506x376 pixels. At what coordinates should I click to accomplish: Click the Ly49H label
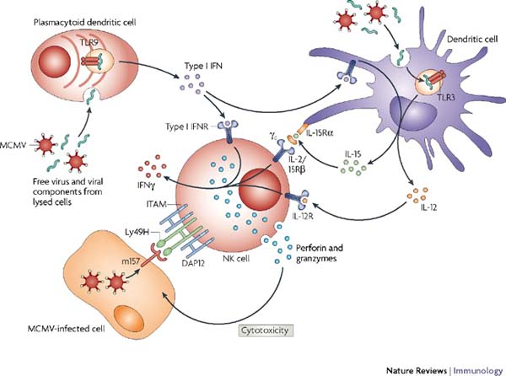pyautogui.click(x=132, y=230)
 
